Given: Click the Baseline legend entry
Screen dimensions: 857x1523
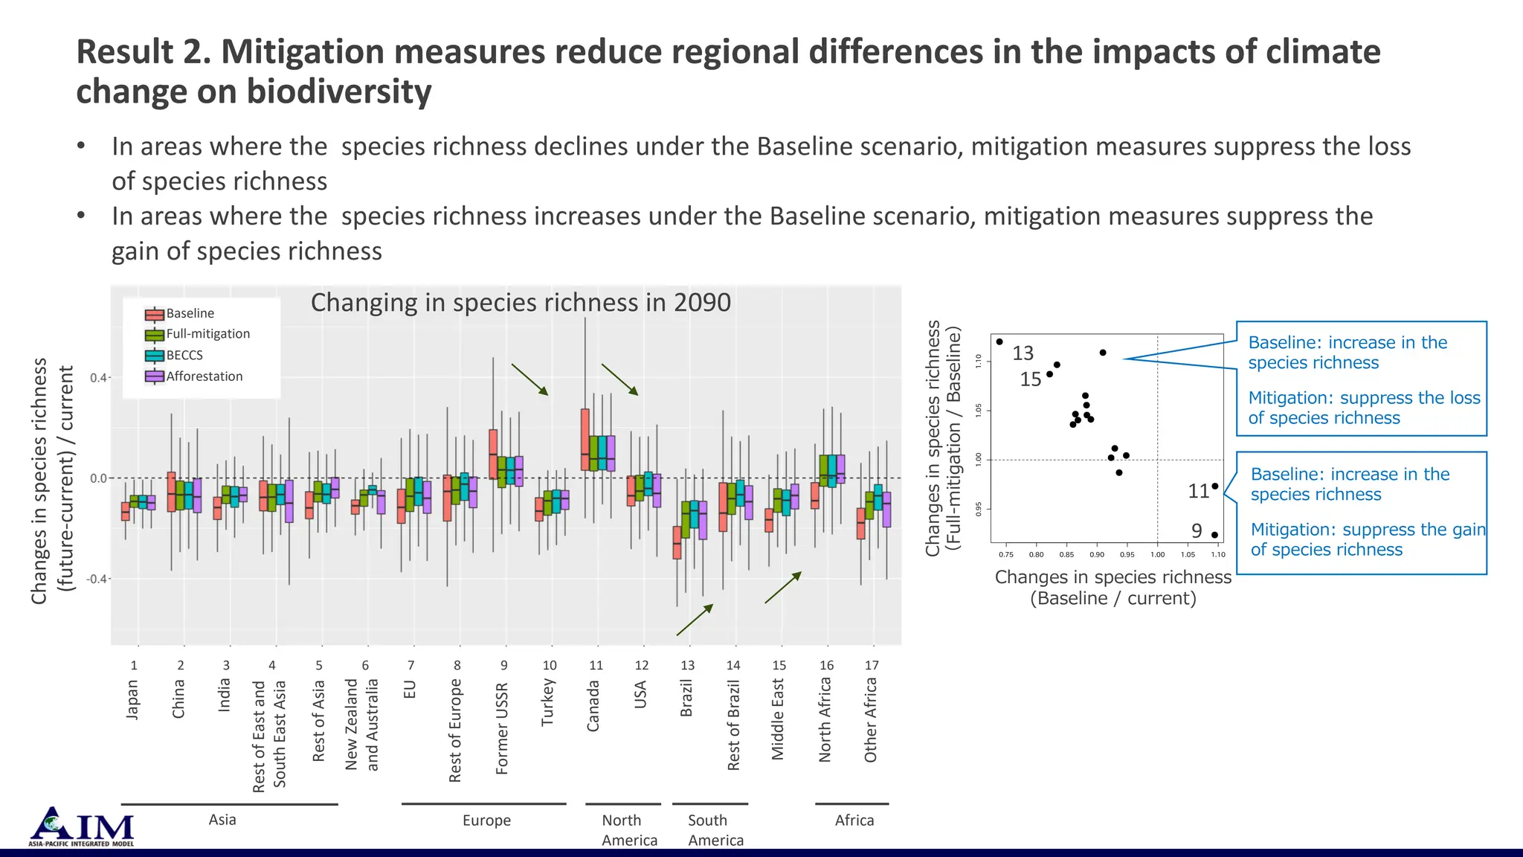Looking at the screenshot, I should tap(190, 313).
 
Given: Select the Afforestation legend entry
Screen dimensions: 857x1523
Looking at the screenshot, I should tap(204, 376).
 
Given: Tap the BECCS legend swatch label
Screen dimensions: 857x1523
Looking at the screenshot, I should tap(184, 356).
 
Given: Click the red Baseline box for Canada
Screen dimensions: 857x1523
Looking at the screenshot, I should tap(585, 439).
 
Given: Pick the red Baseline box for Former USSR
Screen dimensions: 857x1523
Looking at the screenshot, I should tap(493, 454).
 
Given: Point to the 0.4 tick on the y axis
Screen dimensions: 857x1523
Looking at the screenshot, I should tap(99, 378).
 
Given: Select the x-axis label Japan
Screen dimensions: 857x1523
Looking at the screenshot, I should tap(132, 699).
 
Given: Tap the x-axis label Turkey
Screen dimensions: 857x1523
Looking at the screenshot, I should tap(548, 702).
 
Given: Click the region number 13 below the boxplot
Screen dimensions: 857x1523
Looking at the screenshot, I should tap(688, 665).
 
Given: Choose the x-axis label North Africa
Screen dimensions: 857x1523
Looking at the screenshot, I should tap(825, 720).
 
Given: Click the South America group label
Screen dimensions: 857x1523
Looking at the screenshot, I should tap(715, 830).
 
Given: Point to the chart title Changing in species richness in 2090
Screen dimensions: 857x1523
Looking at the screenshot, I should tap(521, 303).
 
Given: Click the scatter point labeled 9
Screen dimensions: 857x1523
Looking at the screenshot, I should tap(1214, 535).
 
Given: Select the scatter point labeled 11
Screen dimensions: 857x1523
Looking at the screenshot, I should tap(1215, 486).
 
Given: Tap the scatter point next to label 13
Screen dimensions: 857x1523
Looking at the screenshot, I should tap(999, 342).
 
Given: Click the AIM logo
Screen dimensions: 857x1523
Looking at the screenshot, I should tap(82, 826).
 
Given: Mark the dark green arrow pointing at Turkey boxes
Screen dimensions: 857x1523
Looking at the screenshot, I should tap(529, 379).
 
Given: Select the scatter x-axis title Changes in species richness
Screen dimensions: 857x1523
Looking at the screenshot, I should tap(1113, 577).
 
